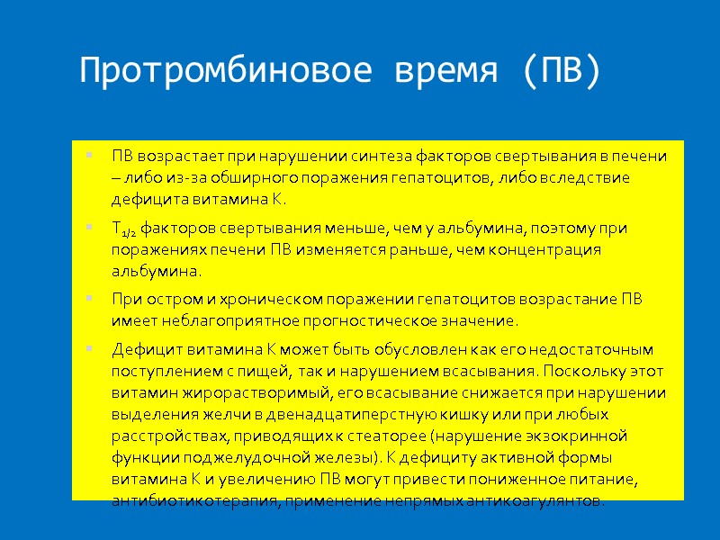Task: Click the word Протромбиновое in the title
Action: pos(227,70)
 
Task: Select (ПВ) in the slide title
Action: pos(560,70)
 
